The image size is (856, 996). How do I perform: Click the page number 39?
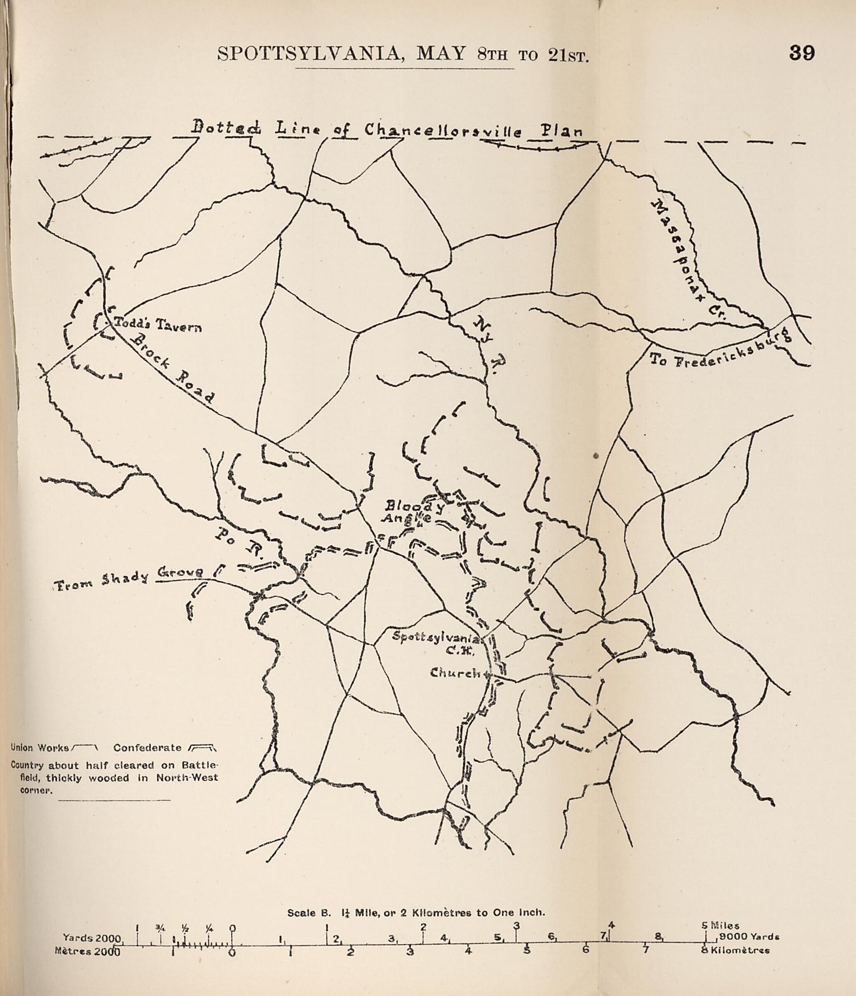pyautogui.click(x=802, y=53)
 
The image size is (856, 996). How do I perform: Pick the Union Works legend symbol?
pyautogui.click(x=84, y=747)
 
